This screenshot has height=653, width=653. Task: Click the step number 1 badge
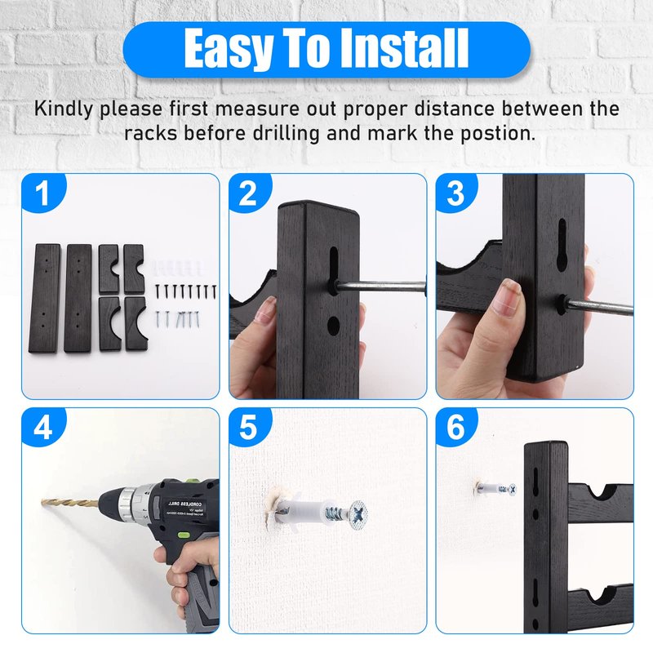pos(42,193)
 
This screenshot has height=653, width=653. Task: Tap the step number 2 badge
pos(249,193)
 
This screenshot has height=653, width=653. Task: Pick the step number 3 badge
pos(455,193)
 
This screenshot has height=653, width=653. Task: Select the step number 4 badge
pos(42,426)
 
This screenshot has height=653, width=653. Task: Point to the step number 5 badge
pos(249,426)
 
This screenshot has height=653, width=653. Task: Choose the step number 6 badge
pos(455,426)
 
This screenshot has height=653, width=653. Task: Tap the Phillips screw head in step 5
pos(358,515)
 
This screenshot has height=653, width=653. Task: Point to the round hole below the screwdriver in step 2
pos(333,326)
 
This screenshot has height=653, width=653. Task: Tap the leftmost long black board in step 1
pos(44,299)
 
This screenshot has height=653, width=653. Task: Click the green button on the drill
pos(182,535)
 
